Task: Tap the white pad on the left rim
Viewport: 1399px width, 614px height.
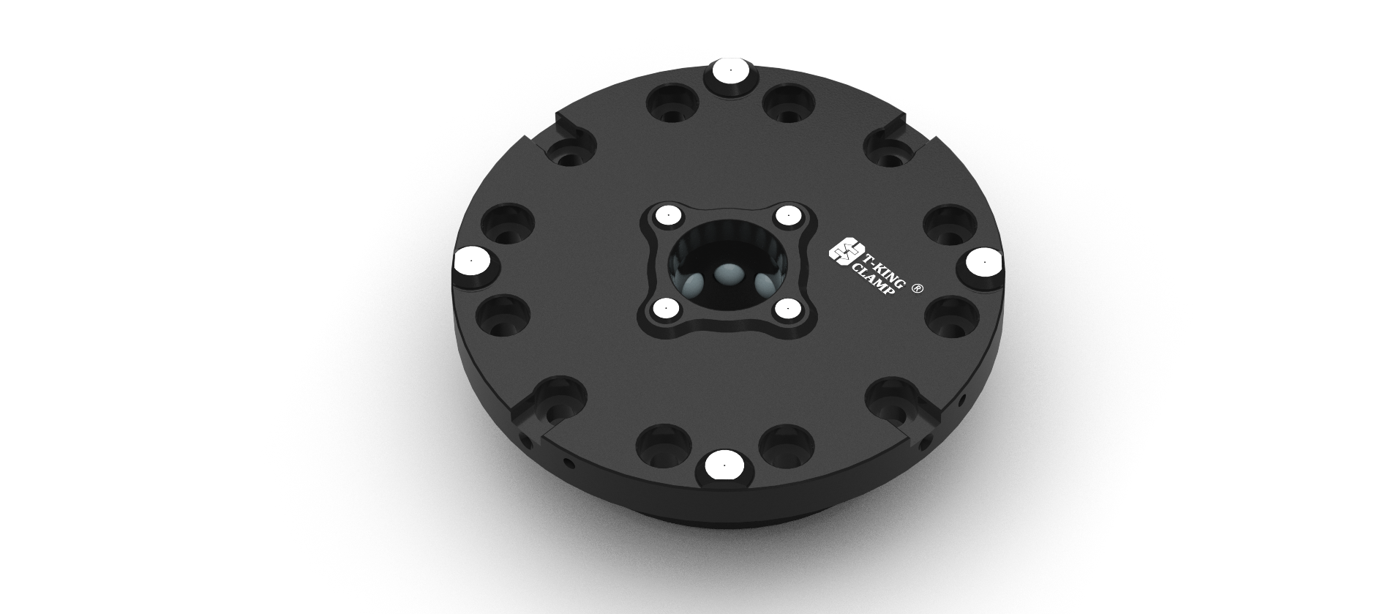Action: [x=472, y=261]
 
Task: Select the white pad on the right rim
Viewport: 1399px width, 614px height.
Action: [x=983, y=262]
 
